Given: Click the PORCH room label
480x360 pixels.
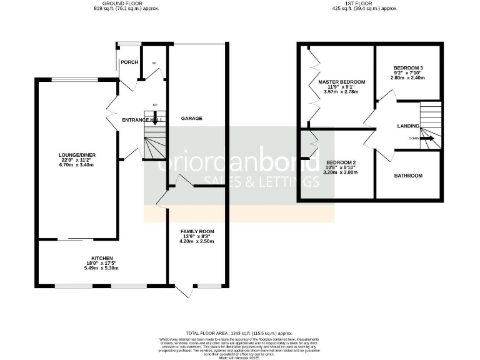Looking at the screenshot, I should [129, 62].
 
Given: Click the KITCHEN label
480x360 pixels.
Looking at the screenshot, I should [102, 258].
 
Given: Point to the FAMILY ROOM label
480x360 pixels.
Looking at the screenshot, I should [197, 232].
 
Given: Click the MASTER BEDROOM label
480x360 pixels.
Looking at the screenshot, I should [341, 82].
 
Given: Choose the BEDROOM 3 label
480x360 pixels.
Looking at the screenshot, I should [408, 67].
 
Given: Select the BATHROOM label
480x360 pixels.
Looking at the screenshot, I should [408, 176].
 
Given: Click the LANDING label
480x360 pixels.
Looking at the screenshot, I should [408, 126].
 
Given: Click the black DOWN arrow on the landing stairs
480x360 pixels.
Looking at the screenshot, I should [427, 139].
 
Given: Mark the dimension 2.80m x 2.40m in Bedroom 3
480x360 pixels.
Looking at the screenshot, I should [408, 78].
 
